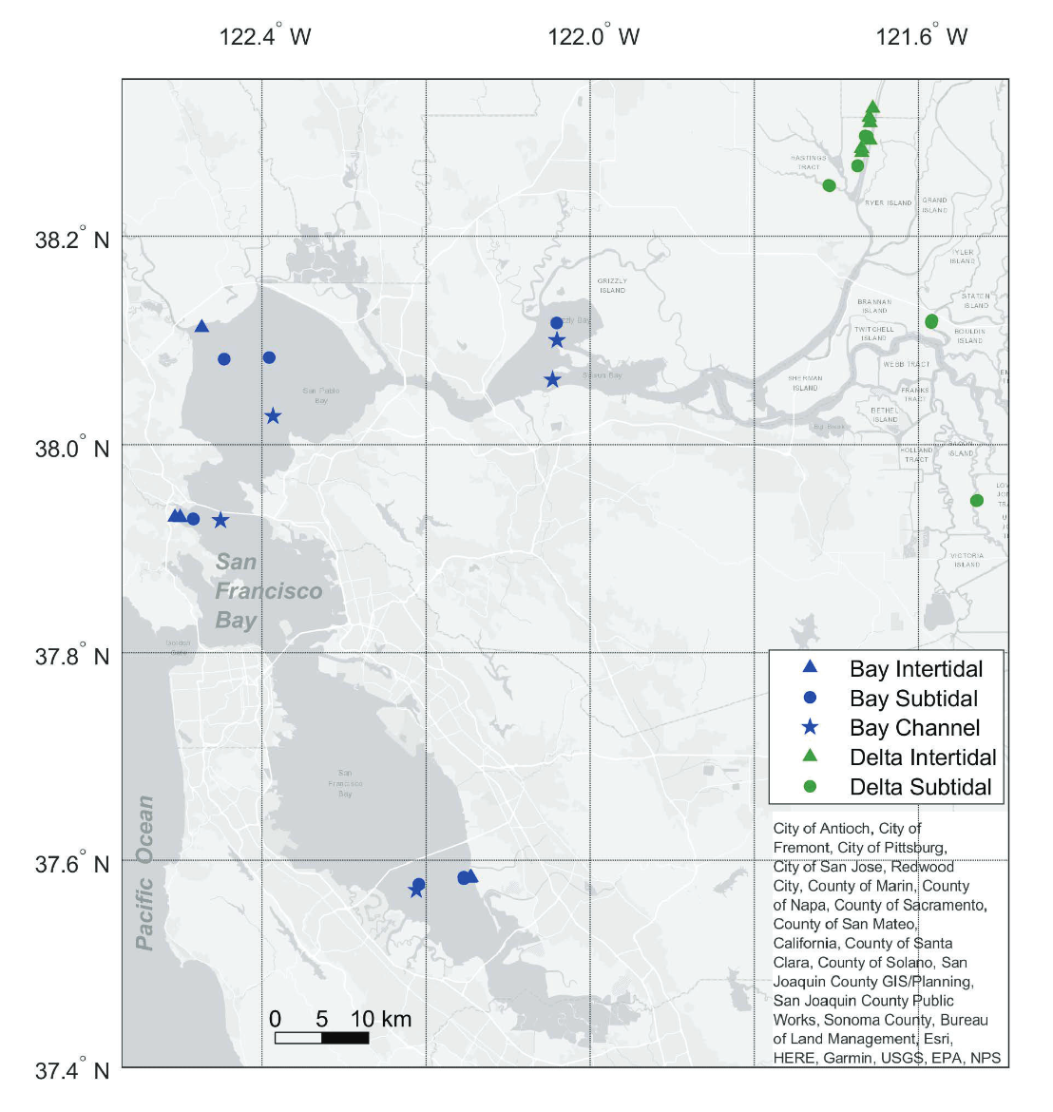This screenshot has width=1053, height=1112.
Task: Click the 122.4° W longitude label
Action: (x=265, y=37)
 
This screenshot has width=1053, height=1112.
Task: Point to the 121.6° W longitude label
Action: (x=921, y=37)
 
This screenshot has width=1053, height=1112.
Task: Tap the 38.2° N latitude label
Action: (x=72, y=239)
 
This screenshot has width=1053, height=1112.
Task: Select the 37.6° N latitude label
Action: (x=72, y=863)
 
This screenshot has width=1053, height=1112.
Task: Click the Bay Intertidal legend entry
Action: (x=915, y=669)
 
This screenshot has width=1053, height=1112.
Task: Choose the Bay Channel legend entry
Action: (x=914, y=728)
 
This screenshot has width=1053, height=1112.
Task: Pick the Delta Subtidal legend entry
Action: (x=920, y=787)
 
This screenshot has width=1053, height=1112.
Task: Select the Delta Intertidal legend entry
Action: (x=922, y=757)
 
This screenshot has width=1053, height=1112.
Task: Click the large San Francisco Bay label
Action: (x=268, y=591)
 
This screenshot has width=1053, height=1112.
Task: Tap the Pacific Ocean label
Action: (x=144, y=872)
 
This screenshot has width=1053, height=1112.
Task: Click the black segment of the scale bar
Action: (x=345, y=1038)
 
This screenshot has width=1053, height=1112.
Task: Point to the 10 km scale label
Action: (x=381, y=1020)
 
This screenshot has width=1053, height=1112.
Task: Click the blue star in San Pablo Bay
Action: (x=274, y=415)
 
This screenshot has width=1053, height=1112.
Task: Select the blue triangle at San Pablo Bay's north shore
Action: (x=201, y=327)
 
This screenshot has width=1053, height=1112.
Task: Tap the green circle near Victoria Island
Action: (x=976, y=501)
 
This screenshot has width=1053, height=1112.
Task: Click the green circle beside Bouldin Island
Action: (x=931, y=321)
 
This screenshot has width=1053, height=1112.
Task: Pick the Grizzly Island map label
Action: (x=612, y=285)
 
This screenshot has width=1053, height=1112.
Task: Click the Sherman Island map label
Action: (x=805, y=383)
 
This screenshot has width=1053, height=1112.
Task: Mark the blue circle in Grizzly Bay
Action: (x=557, y=323)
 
